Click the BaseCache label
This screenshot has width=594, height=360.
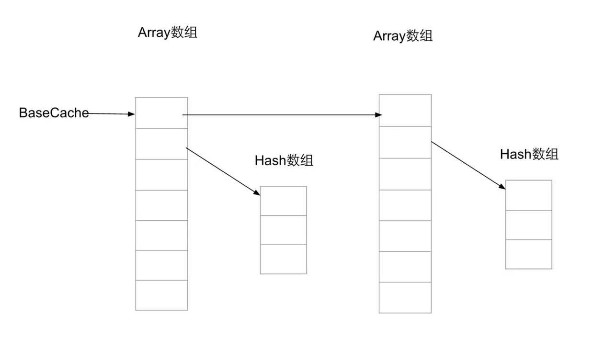pyautogui.click(x=54, y=113)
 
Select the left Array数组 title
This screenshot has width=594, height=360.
pyautogui.click(x=167, y=33)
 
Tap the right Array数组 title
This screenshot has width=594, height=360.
pyautogui.click(x=402, y=36)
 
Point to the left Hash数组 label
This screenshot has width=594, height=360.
pyautogui.click(x=284, y=160)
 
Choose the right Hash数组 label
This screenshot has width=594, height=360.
pyautogui.click(x=529, y=154)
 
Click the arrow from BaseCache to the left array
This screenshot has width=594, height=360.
pyautogui.click(x=111, y=114)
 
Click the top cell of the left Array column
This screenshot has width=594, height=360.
pyautogui.click(x=161, y=113)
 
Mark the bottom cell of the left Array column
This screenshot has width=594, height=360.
pyautogui.click(x=161, y=295)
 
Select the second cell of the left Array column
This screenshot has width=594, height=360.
pyautogui.click(x=161, y=144)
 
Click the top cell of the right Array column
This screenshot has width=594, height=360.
pyautogui.click(x=405, y=111)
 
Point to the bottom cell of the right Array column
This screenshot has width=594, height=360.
pyautogui.click(x=405, y=298)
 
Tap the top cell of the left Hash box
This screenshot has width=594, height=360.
pyautogui.click(x=283, y=201)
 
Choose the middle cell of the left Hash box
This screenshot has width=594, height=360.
pyautogui.click(x=283, y=230)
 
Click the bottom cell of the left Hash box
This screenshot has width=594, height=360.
pyautogui.click(x=283, y=259)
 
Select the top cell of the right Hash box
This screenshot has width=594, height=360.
pyautogui.click(x=528, y=195)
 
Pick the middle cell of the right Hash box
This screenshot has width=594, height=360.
pyautogui.click(x=528, y=225)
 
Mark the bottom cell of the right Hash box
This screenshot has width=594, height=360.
pyautogui.click(x=528, y=254)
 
